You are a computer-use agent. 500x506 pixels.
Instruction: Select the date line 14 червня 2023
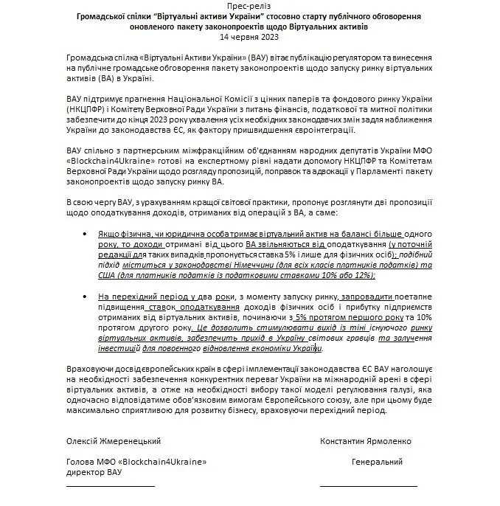[x=249, y=36]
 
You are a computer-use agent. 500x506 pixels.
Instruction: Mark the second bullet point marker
[x=88, y=295]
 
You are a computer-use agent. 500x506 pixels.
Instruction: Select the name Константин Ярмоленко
[x=367, y=441]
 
